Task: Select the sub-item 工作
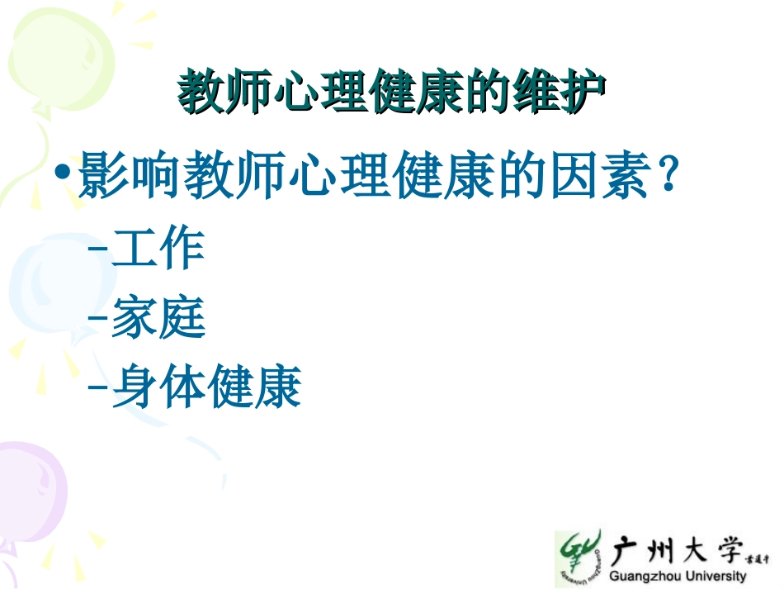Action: tap(158, 249)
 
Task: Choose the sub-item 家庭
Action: tap(158, 318)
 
